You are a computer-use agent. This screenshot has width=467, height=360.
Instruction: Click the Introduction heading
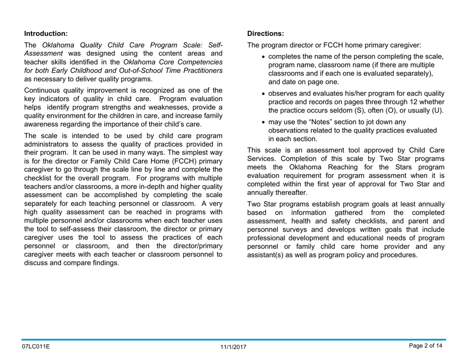click(46, 34)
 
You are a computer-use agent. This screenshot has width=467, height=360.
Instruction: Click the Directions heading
click(265, 34)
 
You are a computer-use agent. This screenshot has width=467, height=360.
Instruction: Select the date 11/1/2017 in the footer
click(233, 347)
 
